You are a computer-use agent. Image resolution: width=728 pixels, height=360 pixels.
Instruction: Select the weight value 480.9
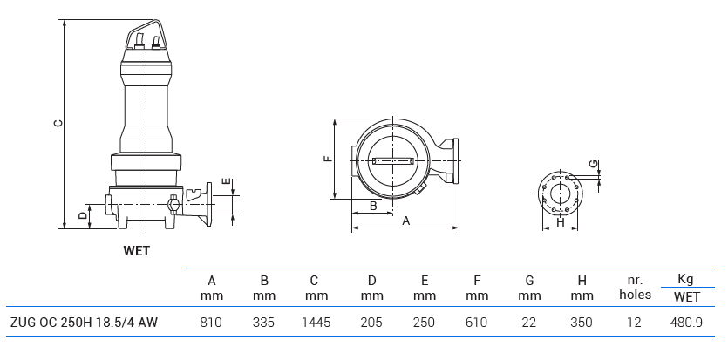coord(686,323)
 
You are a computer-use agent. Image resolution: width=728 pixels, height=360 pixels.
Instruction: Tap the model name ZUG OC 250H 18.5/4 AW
coord(84,323)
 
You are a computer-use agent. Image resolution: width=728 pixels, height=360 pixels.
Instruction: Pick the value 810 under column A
coord(211,323)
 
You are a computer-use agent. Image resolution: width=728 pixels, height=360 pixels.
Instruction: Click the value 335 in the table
coord(263,323)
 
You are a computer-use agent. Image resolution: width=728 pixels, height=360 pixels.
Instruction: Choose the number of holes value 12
coord(634,323)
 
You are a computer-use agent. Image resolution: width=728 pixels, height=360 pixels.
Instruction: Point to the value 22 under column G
coord(529,323)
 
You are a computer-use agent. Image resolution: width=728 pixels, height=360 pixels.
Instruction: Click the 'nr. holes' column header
coord(635,288)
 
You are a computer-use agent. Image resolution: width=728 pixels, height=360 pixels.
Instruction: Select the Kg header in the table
coord(685,280)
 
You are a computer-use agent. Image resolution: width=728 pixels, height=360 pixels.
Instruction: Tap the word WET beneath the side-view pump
coord(136,251)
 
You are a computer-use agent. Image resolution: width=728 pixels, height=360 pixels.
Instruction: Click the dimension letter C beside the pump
coord(58,124)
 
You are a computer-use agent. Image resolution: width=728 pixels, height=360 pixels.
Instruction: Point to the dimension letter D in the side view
coord(82,214)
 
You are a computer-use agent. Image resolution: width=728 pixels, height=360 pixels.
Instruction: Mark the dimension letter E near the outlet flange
coord(226,181)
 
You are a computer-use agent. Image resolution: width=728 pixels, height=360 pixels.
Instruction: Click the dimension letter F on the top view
coord(326,160)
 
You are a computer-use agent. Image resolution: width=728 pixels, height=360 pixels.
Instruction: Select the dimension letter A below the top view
coord(405,221)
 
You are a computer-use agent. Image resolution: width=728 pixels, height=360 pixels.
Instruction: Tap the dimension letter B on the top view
coord(373,206)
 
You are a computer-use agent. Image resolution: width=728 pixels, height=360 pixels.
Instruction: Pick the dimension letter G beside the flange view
coord(593,164)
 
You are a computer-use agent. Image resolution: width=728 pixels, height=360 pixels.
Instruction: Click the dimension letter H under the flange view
coord(561,222)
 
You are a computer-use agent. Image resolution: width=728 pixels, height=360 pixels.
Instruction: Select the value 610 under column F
coord(477,323)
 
